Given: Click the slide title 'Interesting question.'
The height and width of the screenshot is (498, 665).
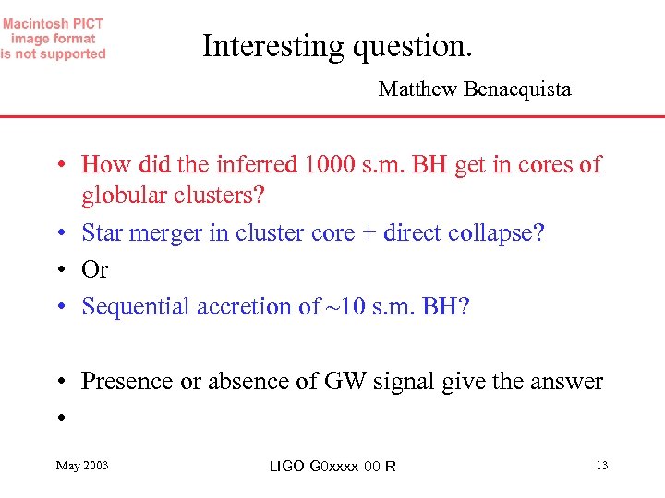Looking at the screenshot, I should click(337, 45).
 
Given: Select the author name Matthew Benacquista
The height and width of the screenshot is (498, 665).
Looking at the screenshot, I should click(474, 89).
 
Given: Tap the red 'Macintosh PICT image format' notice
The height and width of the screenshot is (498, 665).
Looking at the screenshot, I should click(53, 39).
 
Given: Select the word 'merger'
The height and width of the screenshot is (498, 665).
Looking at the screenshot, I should click(167, 233).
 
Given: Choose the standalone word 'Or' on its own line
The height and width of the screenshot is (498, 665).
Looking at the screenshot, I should click(95, 270).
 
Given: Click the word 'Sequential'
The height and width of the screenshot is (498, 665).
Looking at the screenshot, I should click(136, 307).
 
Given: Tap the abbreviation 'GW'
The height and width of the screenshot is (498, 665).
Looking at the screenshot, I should click(344, 382).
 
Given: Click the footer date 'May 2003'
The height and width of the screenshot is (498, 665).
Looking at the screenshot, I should click(82, 466).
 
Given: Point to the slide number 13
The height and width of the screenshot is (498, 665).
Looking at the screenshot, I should click(601, 466).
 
